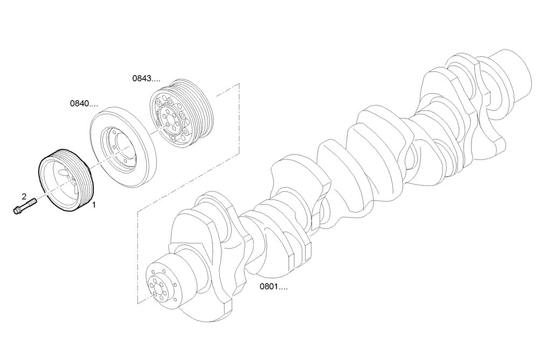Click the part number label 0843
tap(146, 78)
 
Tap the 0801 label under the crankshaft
tap(273, 287)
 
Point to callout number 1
tap(94, 205)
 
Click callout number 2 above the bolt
tap(24, 195)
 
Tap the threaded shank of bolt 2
tap(30, 204)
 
